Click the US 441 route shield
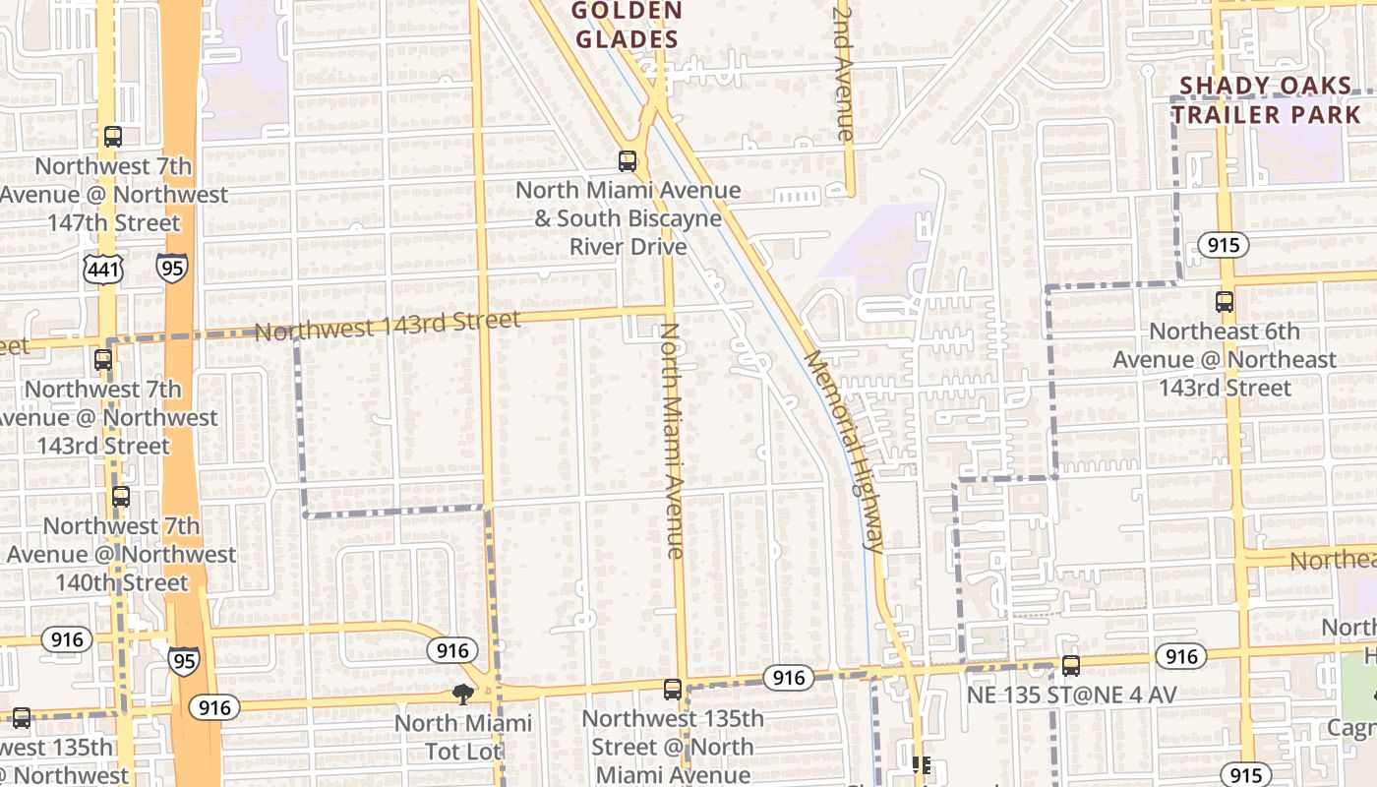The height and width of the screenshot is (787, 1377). pyautogui.click(x=103, y=269)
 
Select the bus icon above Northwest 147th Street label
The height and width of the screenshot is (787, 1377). pyautogui.click(x=113, y=137)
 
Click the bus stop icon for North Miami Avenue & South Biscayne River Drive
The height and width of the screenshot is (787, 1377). pyautogui.click(x=628, y=161)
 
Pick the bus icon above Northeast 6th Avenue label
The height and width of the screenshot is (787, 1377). pyautogui.click(x=1225, y=302)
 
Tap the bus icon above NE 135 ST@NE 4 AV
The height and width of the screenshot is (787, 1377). pyautogui.click(x=1071, y=666)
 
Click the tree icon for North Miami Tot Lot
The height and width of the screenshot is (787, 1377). pyautogui.click(x=463, y=695)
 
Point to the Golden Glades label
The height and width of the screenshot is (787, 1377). pyautogui.click(x=628, y=26)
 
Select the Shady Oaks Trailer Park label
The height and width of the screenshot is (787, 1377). pyautogui.click(x=1266, y=100)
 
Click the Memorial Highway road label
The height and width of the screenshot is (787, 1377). pyautogui.click(x=844, y=451)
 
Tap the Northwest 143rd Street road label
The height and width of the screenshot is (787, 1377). pyautogui.click(x=387, y=326)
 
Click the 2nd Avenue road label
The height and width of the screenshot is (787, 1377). pyautogui.click(x=844, y=74)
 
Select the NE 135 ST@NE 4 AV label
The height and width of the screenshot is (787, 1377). pyautogui.click(x=1071, y=696)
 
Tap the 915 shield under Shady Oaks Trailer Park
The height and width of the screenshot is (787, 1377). pyautogui.click(x=1224, y=245)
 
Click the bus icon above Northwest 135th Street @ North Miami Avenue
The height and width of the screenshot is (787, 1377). pyautogui.click(x=673, y=690)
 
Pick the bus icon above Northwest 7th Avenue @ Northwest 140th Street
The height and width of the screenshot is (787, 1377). pyautogui.click(x=121, y=497)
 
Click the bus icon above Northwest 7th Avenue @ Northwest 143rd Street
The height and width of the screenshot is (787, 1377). pyautogui.click(x=103, y=360)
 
